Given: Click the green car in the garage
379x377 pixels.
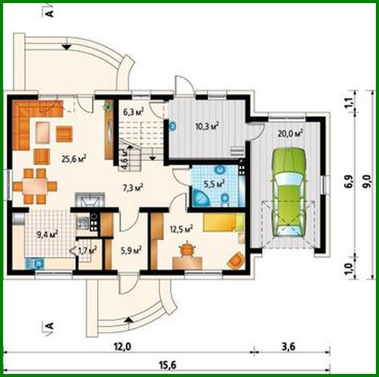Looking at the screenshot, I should [288, 192].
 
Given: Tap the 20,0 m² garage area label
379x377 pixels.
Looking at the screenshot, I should [290, 133].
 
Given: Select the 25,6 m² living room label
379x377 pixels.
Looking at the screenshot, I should [73, 159].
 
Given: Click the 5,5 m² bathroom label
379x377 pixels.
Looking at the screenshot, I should [214, 184].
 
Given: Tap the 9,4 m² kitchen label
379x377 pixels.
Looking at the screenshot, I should [47, 235].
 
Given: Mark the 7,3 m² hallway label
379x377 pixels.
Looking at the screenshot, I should [133, 187].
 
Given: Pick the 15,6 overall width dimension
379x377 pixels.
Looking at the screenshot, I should [168, 365].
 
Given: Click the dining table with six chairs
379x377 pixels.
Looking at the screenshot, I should [35, 186].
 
